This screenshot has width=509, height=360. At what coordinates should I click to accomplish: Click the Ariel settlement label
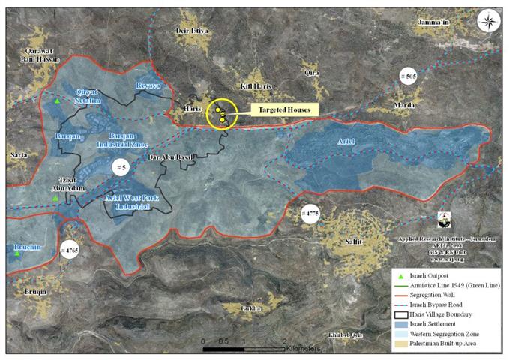tap(346, 141)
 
